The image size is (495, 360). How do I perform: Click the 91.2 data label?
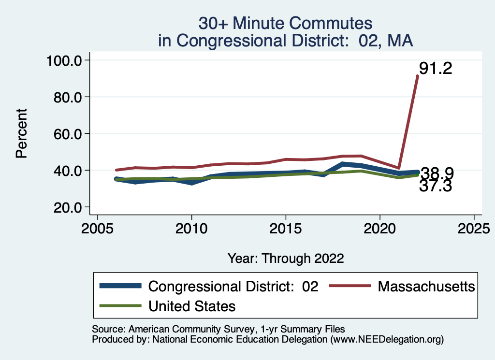(435, 69)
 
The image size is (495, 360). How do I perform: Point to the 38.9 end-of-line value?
(437, 173)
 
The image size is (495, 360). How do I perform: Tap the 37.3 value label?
(435, 186)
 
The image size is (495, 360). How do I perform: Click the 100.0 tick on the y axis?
(65, 60)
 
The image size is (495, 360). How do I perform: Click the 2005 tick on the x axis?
(98, 227)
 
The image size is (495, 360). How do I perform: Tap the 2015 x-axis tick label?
(286, 227)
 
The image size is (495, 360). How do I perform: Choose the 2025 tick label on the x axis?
(474, 227)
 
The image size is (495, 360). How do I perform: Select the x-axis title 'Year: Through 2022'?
(286, 258)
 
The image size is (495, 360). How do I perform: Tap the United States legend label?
(192, 306)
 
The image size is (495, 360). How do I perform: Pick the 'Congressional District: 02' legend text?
(233, 286)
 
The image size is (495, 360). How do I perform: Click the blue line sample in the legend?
(120, 286)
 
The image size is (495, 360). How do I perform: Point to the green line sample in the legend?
(120, 306)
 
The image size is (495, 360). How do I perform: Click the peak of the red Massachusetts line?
(418, 76)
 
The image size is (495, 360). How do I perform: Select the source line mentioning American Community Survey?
(218, 329)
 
